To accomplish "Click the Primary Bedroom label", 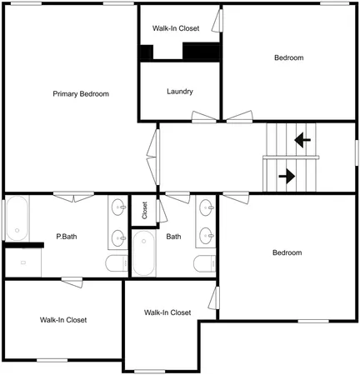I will click(81, 93).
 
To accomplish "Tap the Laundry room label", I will click(180, 92).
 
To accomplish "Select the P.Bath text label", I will click(67, 236).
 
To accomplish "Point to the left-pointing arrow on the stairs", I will click(302, 138).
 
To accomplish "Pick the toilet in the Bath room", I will click(203, 264).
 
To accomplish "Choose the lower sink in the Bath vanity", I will click(205, 237).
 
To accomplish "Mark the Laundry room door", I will click(203, 117).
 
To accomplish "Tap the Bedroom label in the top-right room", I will click(288, 57).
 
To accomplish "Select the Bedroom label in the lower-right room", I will click(287, 252).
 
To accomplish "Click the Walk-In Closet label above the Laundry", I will click(176, 28).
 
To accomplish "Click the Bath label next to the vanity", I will click(173, 237).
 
